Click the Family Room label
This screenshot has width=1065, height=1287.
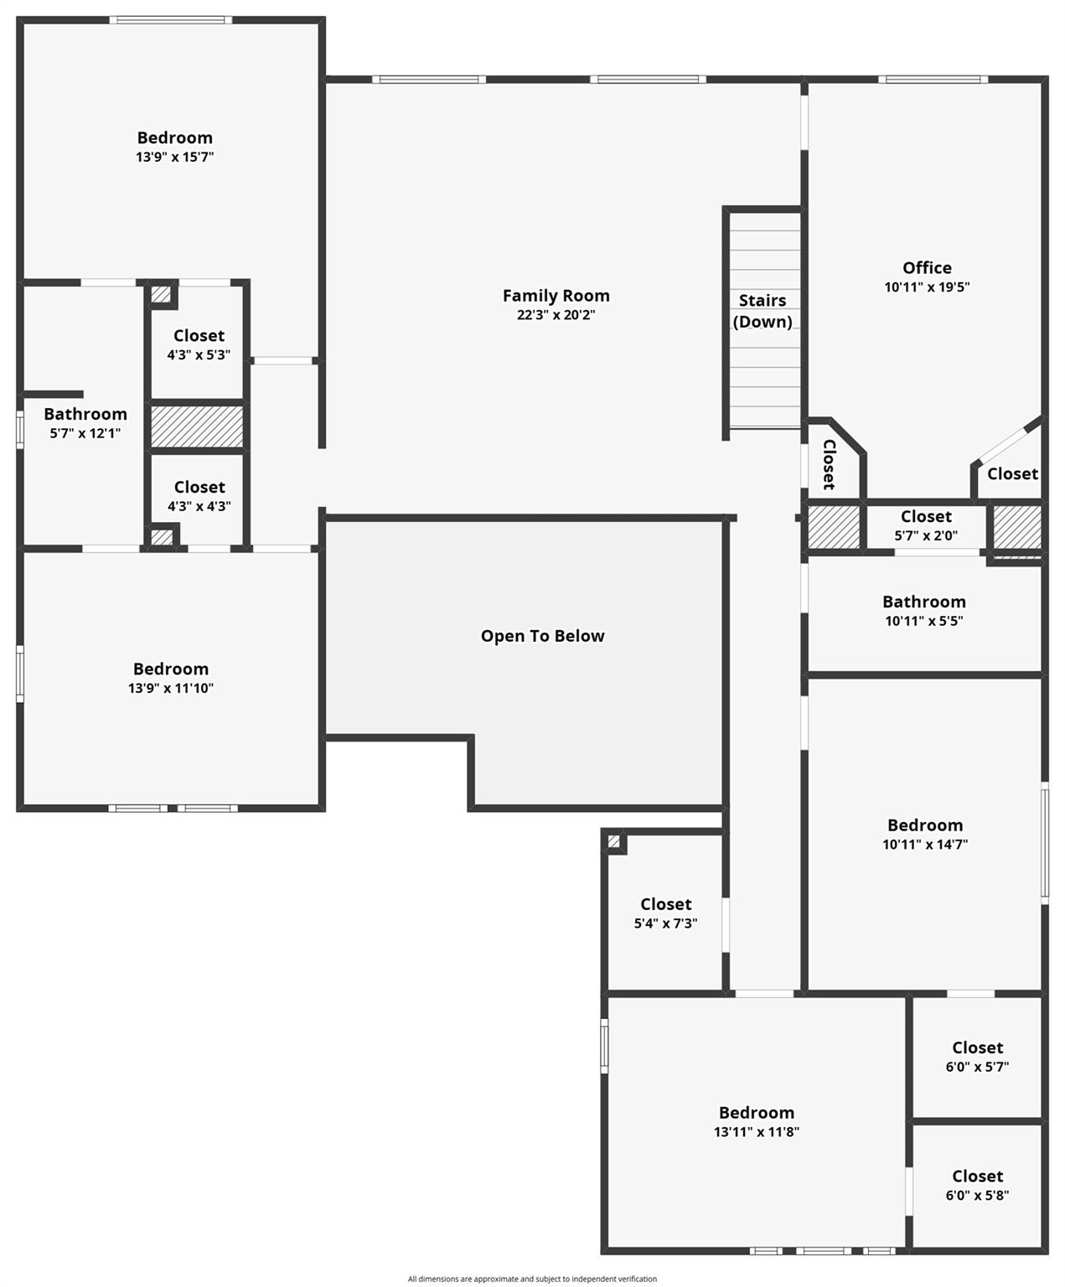[x=556, y=296]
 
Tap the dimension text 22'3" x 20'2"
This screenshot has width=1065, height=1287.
[x=556, y=315]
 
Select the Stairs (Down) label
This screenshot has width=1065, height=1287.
[x=763, y=311]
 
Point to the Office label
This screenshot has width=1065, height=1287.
[x=927, y=268]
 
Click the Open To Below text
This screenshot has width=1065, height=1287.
[x=542, y=636]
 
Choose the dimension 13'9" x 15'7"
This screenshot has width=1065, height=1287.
[x=175, y=157]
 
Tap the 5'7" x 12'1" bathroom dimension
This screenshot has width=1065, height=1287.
[x=85, y=432]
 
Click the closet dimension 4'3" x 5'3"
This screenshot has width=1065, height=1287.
[x=199, y=354]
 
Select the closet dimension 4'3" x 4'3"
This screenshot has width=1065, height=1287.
[x=199, y=506]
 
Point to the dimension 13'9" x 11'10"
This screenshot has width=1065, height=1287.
[x=171, y=688]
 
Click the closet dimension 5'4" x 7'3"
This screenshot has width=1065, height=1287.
[x=665, y=923]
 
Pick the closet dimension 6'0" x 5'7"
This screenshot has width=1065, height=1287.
[x=978, y=1067]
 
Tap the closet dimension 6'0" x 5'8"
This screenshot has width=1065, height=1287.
[x=978, y=1195]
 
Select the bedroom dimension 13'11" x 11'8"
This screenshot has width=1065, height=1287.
[x=756, y=1132]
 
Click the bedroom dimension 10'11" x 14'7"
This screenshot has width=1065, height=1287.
[x=925, y=844]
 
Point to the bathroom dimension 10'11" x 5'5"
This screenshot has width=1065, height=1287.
[x=924, y=621]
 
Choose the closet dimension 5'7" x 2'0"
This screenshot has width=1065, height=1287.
[x=926, y=535]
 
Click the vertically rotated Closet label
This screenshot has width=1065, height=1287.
[x=830, y=465]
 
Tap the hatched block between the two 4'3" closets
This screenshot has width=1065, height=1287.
[x=197, y=426]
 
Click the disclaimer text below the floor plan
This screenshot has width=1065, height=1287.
[x=533, y=1279]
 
